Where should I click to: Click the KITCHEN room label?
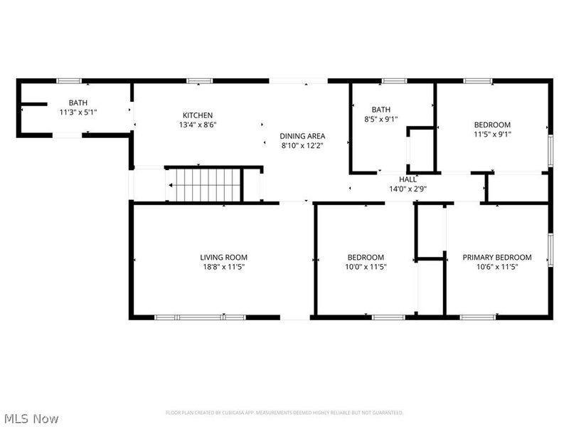198,115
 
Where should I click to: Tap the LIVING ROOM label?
223,257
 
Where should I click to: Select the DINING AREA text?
302,136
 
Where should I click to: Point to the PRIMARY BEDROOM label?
497,257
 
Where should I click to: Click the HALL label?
408,179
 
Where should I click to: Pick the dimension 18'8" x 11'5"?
223,267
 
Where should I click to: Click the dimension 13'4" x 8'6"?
198,125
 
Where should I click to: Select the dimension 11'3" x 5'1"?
78,112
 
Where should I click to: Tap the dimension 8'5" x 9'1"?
381,120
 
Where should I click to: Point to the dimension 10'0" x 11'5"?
366,267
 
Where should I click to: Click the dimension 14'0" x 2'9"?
408,189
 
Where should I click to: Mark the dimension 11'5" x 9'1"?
493,133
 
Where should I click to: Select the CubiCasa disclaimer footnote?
284,413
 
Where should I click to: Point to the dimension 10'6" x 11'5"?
497,267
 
